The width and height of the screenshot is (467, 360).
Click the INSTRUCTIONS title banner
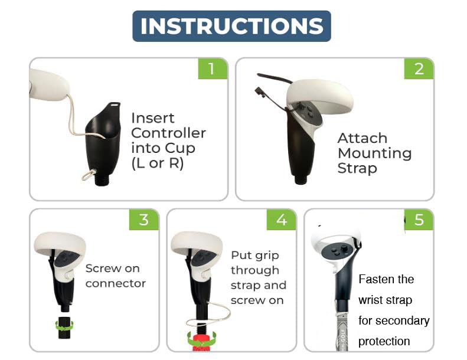click(231, 26)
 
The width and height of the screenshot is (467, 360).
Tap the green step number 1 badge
click(213, 68)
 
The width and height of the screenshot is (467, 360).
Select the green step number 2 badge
click(419, 68)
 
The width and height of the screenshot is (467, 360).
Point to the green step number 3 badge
click(143, 220)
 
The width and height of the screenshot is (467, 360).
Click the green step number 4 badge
click(281, 220)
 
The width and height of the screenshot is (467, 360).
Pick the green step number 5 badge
click(419, 220)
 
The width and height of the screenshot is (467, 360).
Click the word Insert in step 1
click(153, 118)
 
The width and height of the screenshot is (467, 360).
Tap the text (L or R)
click(157, 163)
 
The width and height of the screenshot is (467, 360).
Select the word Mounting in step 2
click(375, 153)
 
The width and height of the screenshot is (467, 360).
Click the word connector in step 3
click(116, 283)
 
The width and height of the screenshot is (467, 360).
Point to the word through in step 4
click(255, 270)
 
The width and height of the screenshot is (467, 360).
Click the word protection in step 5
click(384, 341)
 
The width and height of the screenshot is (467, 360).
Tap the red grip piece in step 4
click(202, 343)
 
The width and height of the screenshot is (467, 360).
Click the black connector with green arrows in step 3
click(64, 327)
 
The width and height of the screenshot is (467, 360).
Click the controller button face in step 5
click(339, 251)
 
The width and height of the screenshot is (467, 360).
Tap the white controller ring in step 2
click(320, 95)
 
